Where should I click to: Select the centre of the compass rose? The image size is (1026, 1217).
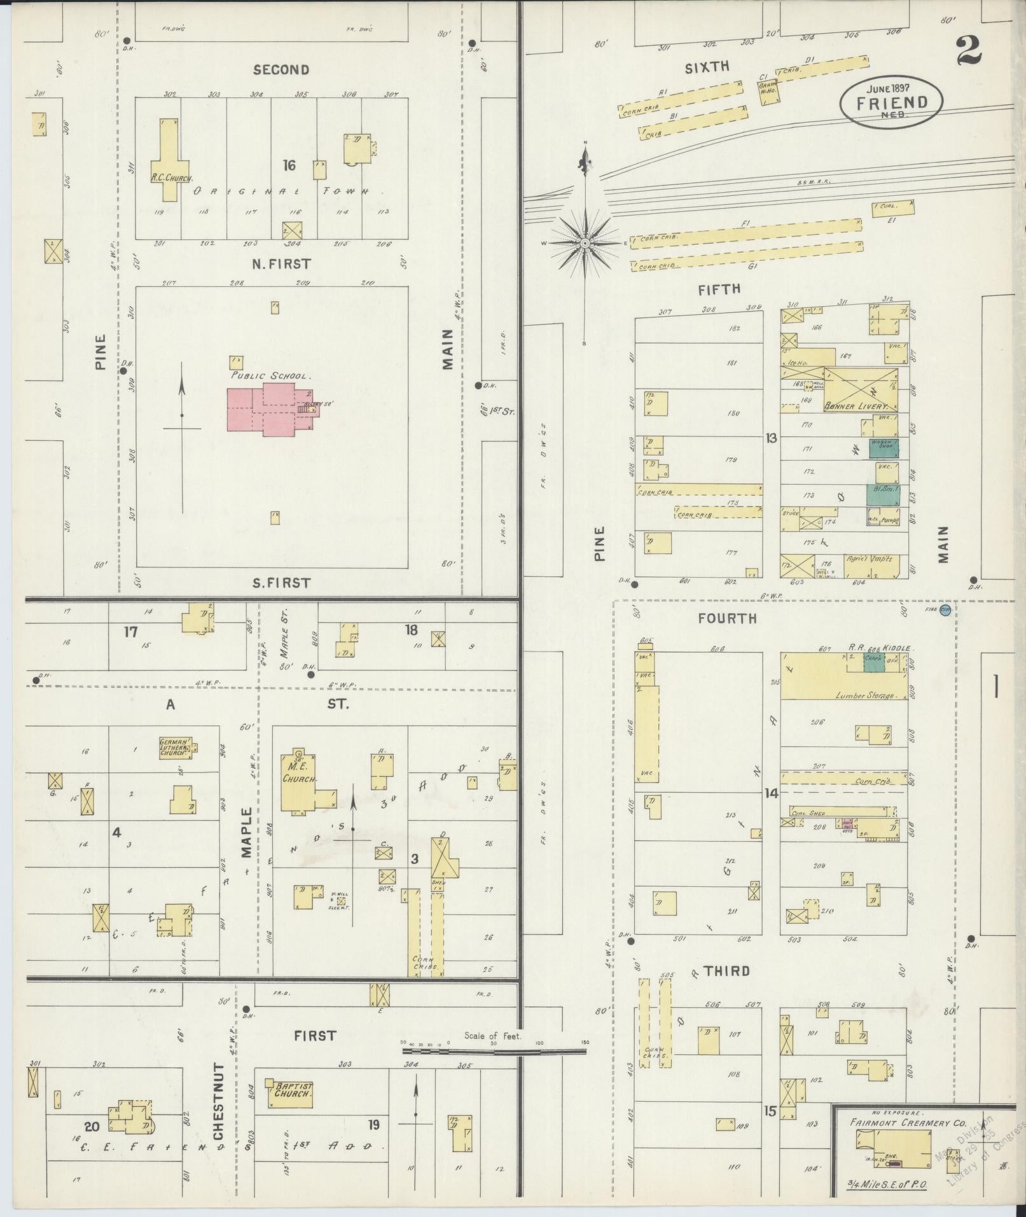584,244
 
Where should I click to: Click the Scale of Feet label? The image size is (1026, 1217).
492,1036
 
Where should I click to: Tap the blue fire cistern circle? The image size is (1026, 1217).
945,609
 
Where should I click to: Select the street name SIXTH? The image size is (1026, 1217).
707,67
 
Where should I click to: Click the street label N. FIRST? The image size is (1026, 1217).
281,263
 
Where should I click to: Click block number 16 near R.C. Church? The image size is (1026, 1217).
289,165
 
